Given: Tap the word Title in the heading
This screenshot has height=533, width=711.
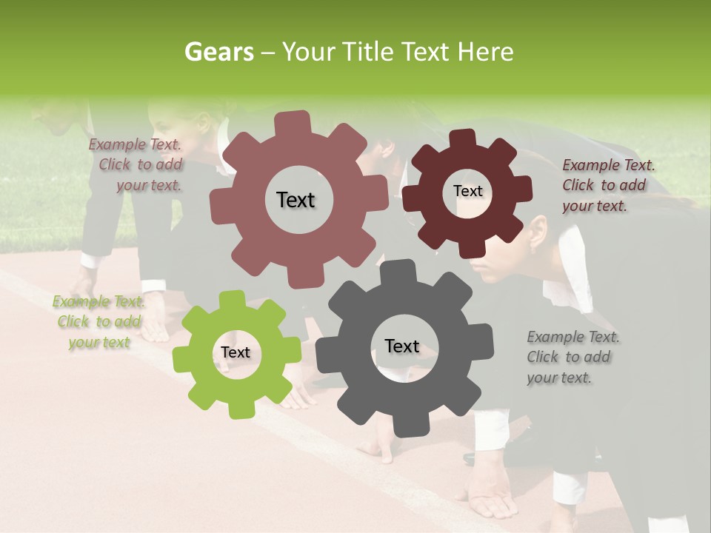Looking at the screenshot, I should [x=368, y=52].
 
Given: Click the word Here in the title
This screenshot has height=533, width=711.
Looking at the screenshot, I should [x=486, y=52].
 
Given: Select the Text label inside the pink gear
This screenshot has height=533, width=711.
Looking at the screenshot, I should [x=296, y=200].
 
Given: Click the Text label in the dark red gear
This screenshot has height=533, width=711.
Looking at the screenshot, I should [x=467, y=191].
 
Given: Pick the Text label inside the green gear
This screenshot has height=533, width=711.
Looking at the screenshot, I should [x=235, y=353].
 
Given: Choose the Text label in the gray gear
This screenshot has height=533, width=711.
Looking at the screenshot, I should [x=401, y=346].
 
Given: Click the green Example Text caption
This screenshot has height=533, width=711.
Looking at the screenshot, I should [x=99, y=322].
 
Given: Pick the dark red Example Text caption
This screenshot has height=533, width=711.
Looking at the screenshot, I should [x=607, y=186].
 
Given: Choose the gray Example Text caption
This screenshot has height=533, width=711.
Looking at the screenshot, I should [x=572, y=357].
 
